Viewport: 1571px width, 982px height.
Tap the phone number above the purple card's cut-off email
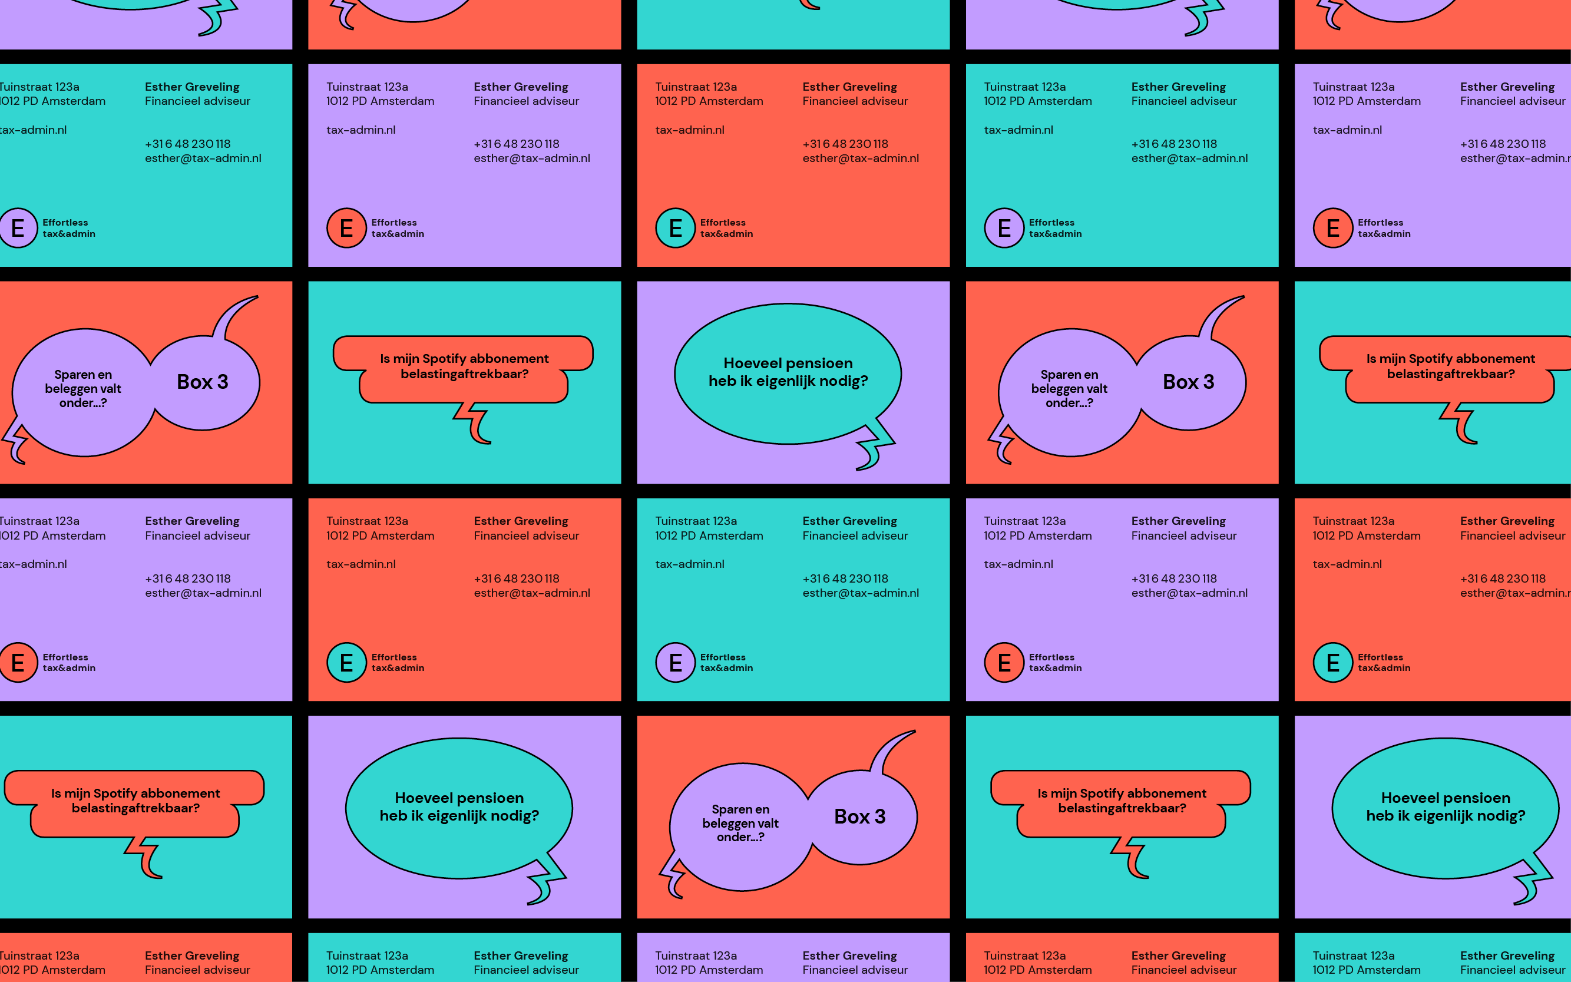tap(1503, 144)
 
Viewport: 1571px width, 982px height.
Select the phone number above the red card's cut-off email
tap(1503, 578)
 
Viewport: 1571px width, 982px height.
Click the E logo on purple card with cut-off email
tap(1332, 228)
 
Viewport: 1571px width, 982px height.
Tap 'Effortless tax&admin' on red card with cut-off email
tap(1383, 663)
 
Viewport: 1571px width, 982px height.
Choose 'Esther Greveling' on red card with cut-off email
tap(1507, 521)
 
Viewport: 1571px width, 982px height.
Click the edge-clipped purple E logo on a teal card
tap(17, 228)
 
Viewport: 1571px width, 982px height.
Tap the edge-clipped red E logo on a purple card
tap(17, 663)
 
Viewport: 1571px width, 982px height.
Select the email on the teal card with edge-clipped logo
tap(203, 158)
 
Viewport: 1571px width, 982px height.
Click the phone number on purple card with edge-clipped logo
tap(188, 578)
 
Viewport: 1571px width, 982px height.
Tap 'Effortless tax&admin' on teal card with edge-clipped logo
tap(69, 228)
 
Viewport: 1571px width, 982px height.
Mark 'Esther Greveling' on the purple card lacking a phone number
tap(849, 955)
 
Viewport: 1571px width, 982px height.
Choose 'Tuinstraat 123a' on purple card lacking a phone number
tap(696, 955)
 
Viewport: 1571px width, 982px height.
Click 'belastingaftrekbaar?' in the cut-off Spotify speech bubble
tap(1450, 374)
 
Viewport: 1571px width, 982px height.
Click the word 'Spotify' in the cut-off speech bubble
tap(1433, 359)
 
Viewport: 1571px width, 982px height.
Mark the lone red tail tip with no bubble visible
tap(810, 5)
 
